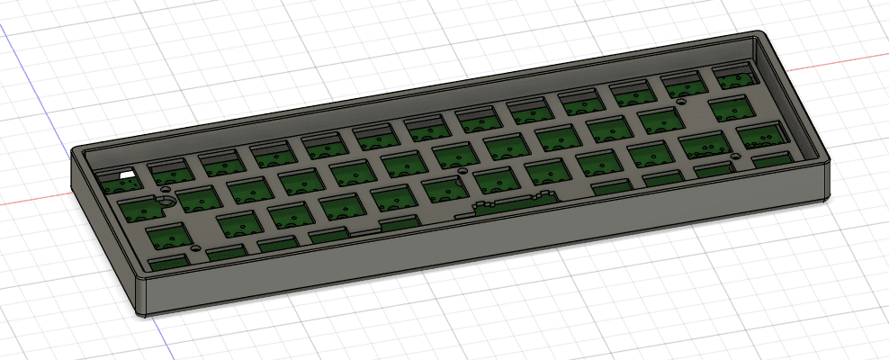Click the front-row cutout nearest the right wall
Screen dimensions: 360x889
click(767, 161)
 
